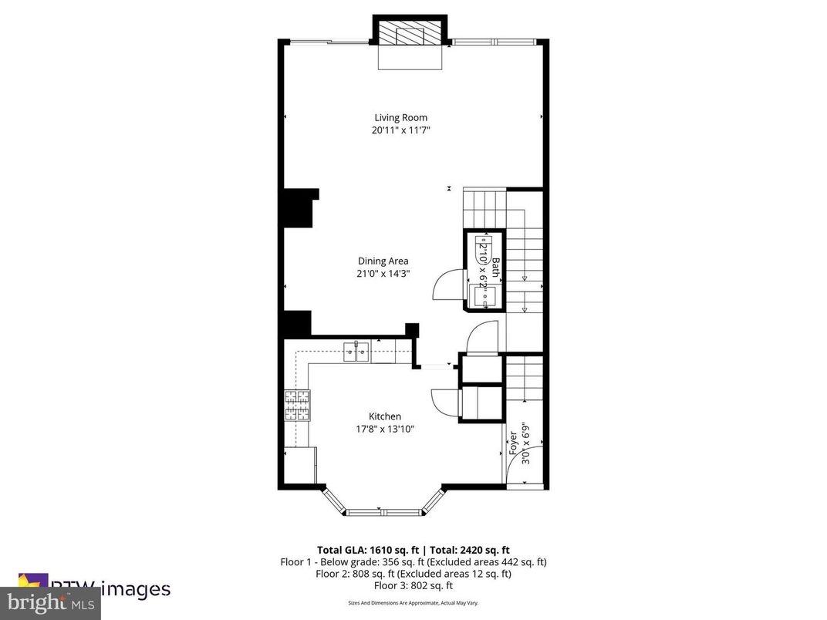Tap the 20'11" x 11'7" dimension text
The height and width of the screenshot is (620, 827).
click(400, 130)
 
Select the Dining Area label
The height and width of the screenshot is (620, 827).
click(383, 261)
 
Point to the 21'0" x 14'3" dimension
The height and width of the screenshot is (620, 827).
click(383, 273)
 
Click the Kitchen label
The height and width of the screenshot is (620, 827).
click(384, 416)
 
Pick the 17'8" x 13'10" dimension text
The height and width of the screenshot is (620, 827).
click(384, 429)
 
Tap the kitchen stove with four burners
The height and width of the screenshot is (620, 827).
click(297, 405)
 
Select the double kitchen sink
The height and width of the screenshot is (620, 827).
click(356, 353)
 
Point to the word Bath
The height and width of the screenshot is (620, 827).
click(496, 267)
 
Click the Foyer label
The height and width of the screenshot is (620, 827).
click(513, 444)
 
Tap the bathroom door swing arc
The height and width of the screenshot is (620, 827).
click(446, 285)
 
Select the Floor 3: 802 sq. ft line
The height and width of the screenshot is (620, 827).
click(413, 585)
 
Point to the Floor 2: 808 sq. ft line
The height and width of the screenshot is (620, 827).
click(413, 574)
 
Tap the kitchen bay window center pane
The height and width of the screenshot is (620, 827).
click(383, 511)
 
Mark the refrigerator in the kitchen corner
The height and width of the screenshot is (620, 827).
click(301, 465)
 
